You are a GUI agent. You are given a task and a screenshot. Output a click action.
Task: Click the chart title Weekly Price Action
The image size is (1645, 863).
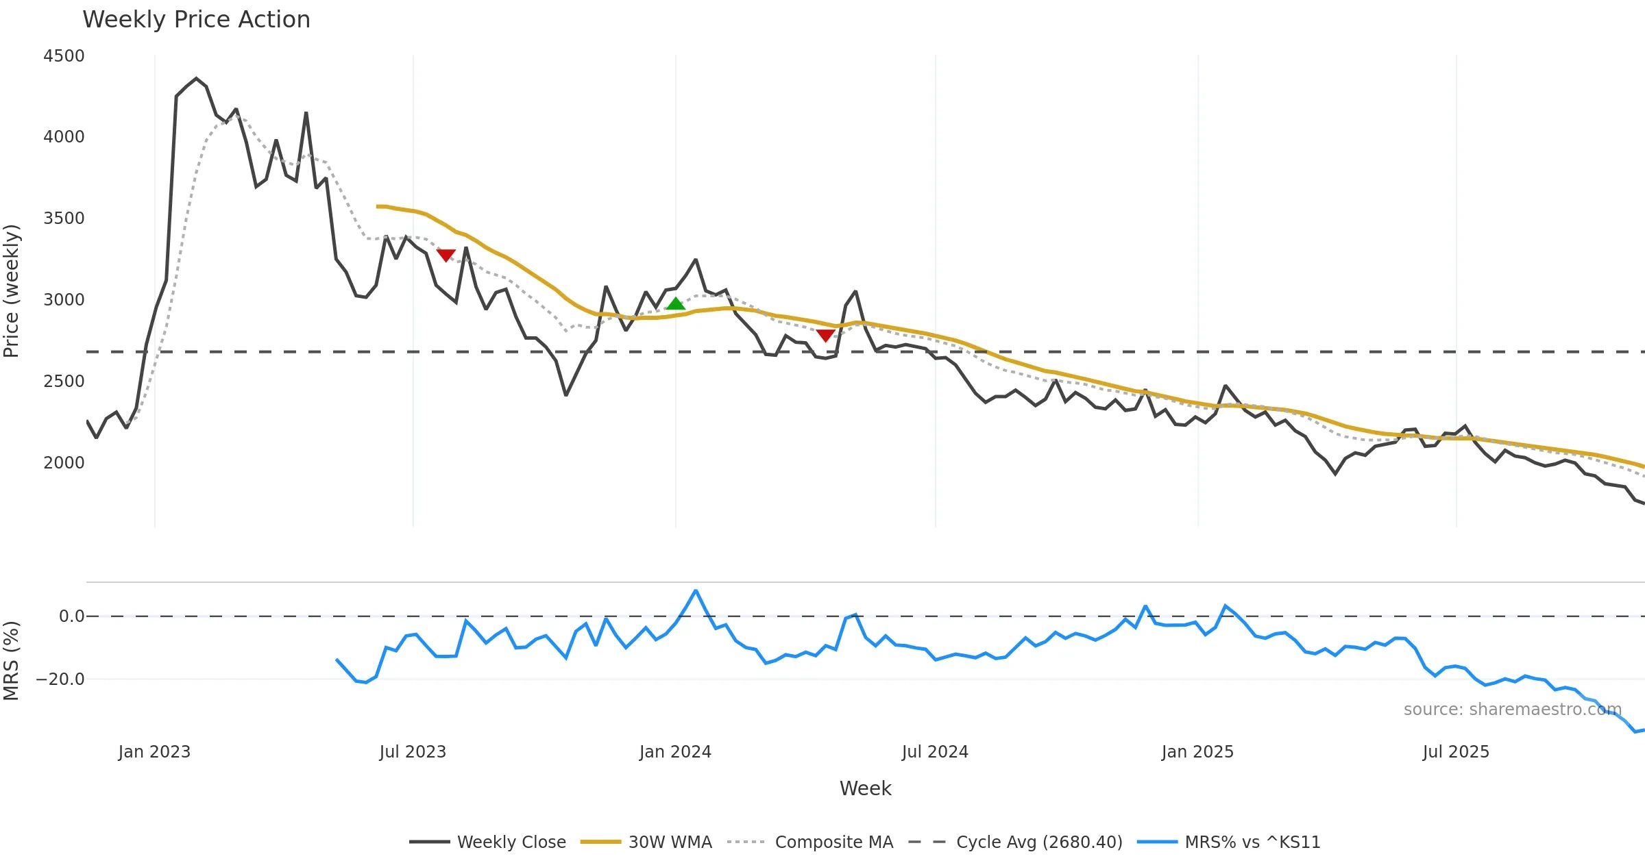196,20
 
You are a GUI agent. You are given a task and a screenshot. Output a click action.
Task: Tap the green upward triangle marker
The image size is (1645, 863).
675,303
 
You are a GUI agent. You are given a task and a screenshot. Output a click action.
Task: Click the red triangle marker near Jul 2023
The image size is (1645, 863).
446,255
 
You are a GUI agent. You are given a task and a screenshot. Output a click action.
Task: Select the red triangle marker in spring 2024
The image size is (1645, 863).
825,335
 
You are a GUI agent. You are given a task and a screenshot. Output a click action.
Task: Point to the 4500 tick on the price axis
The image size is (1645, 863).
64,56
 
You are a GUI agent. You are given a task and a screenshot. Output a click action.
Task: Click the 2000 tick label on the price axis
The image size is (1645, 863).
64,463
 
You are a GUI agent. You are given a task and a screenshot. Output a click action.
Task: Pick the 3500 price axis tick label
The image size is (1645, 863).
64,218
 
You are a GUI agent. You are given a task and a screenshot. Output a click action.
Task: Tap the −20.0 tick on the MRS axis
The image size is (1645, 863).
60,679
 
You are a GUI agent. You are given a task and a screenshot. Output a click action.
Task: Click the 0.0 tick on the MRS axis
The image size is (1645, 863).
71,616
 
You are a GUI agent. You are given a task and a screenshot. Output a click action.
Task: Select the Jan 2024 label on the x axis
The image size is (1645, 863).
675,752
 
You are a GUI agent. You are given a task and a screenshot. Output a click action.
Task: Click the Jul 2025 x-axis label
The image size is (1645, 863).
1456,752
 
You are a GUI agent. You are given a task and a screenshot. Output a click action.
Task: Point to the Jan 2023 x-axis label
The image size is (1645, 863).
154,752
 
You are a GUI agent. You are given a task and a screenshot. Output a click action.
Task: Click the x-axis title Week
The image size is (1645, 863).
865,788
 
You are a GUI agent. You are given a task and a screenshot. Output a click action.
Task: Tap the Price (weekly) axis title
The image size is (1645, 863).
12,291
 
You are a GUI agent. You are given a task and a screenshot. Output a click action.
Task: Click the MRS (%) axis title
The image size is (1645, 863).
12,660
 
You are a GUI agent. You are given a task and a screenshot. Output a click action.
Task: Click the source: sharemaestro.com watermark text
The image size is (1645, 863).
1512,710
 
